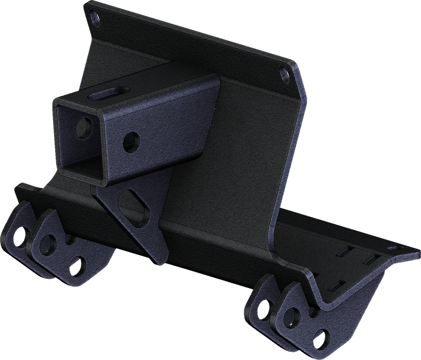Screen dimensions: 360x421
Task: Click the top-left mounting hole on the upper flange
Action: pyautogui.click(x=94, y=17)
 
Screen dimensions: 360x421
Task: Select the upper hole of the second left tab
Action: pyautogui.click(x=46, y=244)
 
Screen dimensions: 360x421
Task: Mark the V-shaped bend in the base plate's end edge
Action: pyautogui.click(x=326, y=302)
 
